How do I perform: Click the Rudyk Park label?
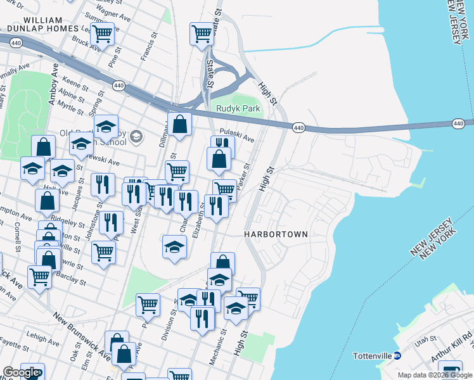[238, 108]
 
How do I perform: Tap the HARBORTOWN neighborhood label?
[276, 234]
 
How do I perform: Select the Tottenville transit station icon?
[397, 355]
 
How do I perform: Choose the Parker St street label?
[245, 174]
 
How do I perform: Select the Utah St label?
[422, 345]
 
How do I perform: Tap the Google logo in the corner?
[21, 373]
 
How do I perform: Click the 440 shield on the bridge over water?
[458, 123]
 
